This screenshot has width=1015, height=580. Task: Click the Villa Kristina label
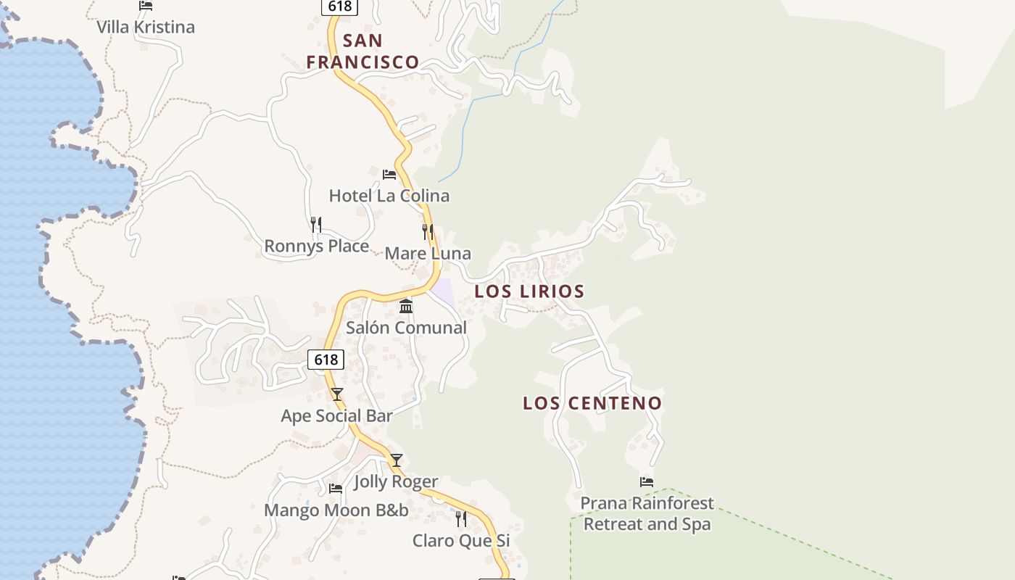pyautogui.click(x=146, y=28)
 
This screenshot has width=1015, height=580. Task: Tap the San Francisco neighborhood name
pyautogui.click(x=362, y=51)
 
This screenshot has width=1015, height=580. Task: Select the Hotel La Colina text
pyautogui.click(x=389, y=196)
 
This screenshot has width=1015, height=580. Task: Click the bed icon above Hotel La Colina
pyautogui.click(x=389, y=175)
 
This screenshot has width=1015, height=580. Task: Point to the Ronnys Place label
pyautogui.click(x=316, y=246)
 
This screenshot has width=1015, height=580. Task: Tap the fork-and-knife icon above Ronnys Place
pyautogui.click(x=316, y=225)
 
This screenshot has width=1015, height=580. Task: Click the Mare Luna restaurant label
pyautogui.click(x=428, y=254)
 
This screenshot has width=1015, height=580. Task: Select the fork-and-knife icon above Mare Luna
pyautogui.click(x=428, y=232)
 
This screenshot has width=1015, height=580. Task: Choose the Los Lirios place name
pyautogui.click(x=529, y=291)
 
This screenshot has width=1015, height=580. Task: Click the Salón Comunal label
pyautogui.click(x=406, y=328)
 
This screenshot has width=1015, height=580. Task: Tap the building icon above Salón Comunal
pyautogui.click(x=406, y=307)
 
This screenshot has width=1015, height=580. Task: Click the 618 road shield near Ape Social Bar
pyautogui.click(x=326, y=360)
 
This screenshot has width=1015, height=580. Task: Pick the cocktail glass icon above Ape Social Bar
pyautogui.click(x=336, y=394)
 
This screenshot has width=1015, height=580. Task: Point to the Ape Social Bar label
pyautogui.click(x=336, y=416)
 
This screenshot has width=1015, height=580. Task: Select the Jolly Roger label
pyautogui.click(x=396, y=481)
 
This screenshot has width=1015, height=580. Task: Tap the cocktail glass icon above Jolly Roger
pyautogui.click(x=396, y=460)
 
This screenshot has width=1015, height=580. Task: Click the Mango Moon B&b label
pyautogui.click(x=336, y=510)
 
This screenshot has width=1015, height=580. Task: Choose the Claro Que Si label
pyautogui.click(x=461, y=541)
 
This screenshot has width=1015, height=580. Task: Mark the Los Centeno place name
pyautogui.click(x=592, y=403)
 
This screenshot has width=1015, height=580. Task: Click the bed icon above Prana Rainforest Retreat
pyautogui.click(x=647, y=481)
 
